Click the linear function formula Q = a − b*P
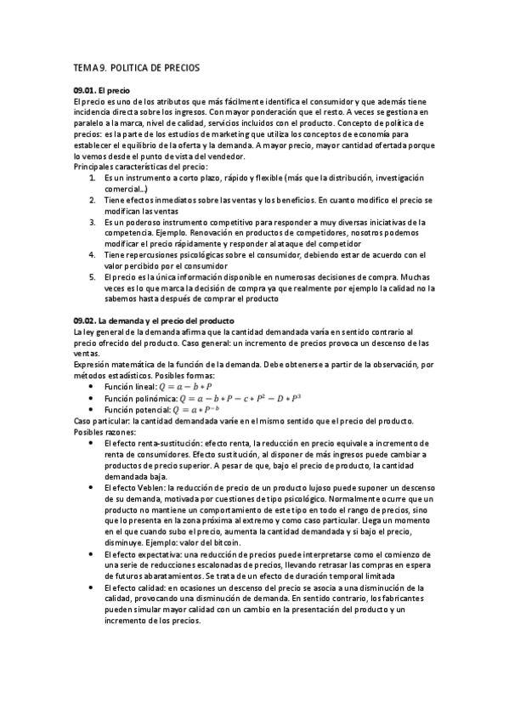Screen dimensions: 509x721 click(x=184, y=363)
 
